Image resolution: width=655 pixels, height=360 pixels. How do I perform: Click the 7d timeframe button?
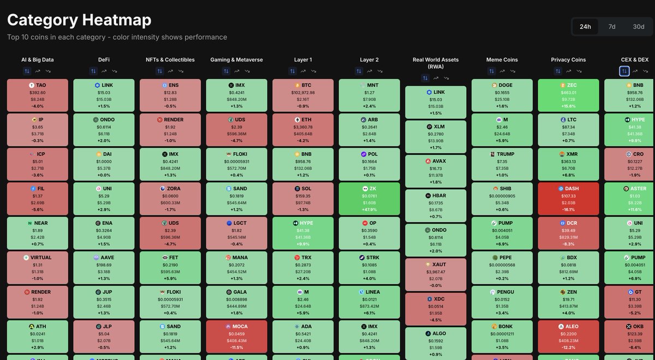612,27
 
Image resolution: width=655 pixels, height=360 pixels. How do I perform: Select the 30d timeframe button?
638,27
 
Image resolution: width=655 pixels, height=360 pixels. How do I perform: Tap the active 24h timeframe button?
585,27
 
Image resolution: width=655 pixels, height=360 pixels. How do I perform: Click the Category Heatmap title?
79,20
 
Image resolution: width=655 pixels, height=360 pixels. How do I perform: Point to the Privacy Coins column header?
568,59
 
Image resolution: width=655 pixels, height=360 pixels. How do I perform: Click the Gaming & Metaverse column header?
236,59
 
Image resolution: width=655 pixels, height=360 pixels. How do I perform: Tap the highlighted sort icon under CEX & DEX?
624,71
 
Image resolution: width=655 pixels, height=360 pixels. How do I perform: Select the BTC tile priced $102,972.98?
303,96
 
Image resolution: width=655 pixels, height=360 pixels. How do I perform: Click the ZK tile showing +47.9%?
370,199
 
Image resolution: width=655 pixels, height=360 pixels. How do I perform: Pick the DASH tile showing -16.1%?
568,199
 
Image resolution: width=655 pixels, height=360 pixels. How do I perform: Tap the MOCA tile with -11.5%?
236,337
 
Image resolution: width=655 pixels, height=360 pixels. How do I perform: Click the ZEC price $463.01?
568,93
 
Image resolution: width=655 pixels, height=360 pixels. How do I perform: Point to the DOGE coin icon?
494,86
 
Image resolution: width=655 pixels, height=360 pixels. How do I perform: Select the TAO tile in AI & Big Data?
38,96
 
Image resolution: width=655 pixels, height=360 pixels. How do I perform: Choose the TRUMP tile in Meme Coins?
502,165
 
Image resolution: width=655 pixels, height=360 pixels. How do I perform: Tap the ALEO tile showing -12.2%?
568,337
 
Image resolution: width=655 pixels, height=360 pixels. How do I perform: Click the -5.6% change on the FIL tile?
38,210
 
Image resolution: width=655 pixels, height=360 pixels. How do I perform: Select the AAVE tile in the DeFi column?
104,268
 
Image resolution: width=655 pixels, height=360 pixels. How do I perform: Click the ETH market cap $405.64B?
303,134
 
